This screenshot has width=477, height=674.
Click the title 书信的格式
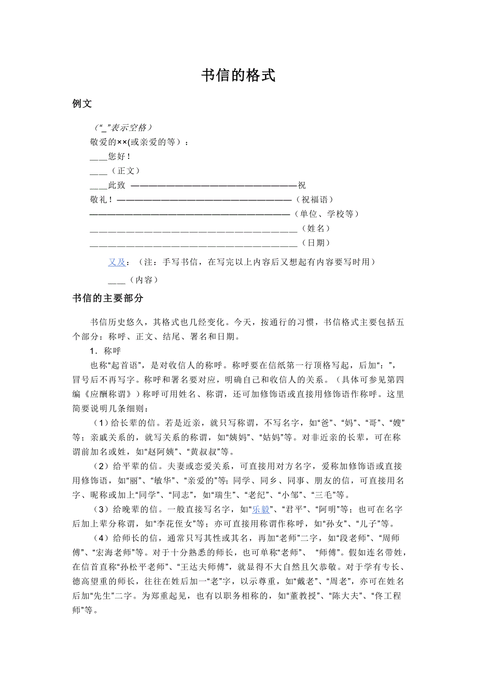(238, 76)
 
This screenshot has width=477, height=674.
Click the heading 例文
(82, 104)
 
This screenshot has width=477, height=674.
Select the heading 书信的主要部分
(108, 298)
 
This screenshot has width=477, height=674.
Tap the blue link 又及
(117, 262)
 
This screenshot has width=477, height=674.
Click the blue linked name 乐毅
(261, 508)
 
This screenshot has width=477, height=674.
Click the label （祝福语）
(314, 199)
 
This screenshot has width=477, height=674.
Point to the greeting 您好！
(119, 156)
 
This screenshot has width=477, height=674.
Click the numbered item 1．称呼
(105, 351)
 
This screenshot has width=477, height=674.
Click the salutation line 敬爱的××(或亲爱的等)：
(139, 141)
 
